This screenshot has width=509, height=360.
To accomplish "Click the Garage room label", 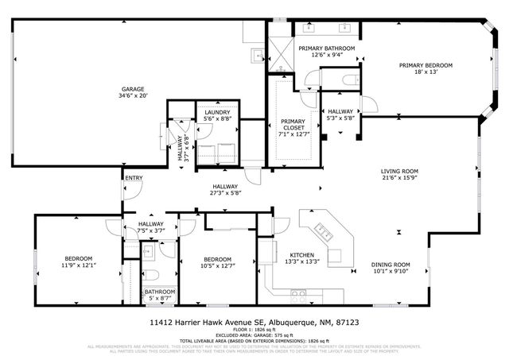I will coord(134,91).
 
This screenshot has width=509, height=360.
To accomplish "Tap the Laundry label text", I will coord(217,116).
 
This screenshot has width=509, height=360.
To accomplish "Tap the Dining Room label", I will coord(390,268).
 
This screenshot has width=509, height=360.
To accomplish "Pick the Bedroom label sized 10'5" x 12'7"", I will coord(217,263).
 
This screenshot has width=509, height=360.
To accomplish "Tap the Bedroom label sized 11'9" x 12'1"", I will coord(79,262).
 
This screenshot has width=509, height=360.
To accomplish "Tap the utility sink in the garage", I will coord(259,55).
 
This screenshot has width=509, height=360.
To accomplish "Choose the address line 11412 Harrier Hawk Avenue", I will coord(254,323).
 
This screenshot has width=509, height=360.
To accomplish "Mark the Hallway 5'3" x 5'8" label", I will coord(340,114).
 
